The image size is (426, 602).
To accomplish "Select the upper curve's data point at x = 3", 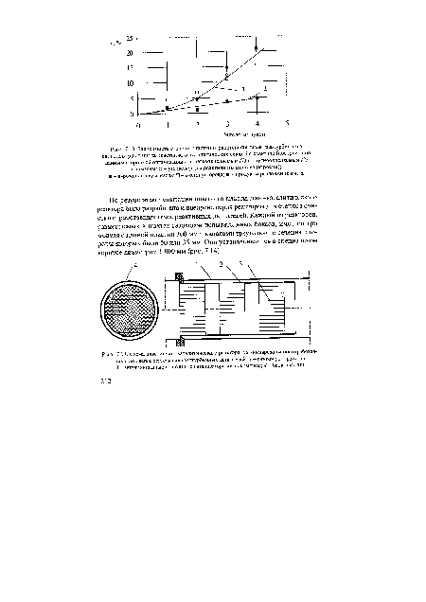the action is coord(227,75).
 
